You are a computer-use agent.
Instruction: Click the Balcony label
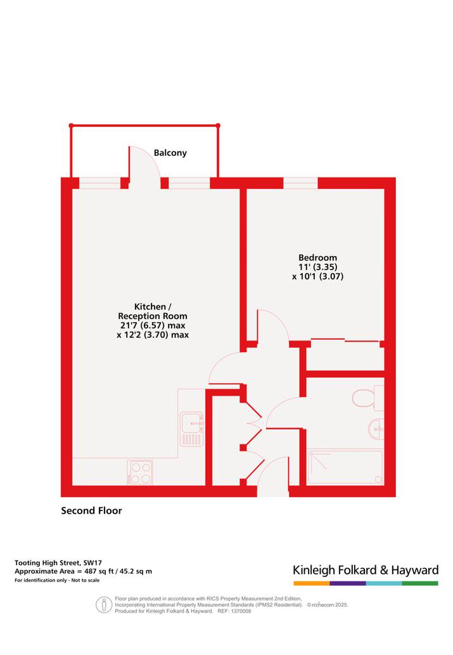(x=170, y=153)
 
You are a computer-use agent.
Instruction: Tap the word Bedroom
(x=317, y=257)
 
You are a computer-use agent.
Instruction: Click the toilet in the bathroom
(x=367, y=398)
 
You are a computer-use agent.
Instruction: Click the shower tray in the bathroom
(x=345, y=467)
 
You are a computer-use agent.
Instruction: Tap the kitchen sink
(x=191, y=429)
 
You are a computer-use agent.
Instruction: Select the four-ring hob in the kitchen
(x=140, y=472)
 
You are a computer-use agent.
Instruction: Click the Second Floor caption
(x=91, y=510)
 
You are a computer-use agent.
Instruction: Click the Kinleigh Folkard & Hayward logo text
(x=366, y=570)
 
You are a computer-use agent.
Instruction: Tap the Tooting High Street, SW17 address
(x=58, y=562)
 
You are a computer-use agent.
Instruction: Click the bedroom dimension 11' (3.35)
(x=317, y=267)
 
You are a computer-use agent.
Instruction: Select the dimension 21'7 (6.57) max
(x=153, y=325)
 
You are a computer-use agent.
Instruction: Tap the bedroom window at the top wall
(x=300, y=183)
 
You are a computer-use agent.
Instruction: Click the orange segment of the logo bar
(x=312, y=583)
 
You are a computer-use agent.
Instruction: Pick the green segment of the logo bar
(x=420, y=583)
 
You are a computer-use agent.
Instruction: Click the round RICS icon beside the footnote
(x=104, y=604)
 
